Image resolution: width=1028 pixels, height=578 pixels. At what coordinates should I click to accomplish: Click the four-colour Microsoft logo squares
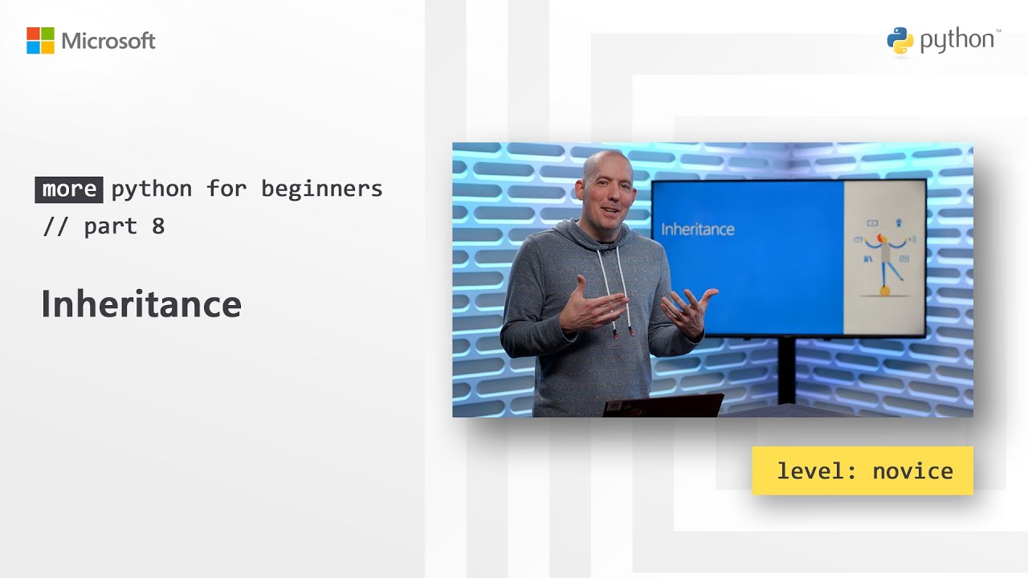(40, 41)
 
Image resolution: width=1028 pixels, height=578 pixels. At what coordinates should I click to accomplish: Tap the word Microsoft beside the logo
(108, 41)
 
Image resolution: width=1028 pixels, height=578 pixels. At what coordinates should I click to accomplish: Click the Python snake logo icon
(900, 41)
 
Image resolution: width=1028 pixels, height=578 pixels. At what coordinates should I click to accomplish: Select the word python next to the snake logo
(957, 41)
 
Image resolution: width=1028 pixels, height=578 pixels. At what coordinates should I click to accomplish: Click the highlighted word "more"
(69, 189)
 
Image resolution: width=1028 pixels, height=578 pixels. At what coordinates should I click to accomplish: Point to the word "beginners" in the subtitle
(322, 189)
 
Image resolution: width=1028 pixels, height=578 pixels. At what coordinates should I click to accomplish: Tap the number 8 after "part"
(158, 226)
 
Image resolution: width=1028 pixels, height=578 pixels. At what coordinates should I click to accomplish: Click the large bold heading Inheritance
(141, 304)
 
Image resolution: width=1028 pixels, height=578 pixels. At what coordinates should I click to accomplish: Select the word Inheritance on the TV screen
(697, 230)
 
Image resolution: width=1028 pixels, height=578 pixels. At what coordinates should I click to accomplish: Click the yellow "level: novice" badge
(863, 470)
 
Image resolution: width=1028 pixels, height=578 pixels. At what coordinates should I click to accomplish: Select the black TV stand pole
(786, 369)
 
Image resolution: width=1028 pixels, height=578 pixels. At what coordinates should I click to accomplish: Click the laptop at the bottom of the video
(663, 405)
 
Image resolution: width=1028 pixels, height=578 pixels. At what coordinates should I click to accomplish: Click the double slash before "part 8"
(56, 226)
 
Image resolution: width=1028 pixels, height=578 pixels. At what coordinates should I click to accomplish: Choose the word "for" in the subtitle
(226, 189)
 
